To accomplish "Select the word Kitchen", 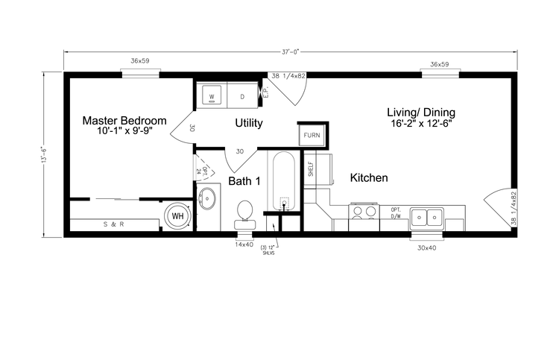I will [369, 178].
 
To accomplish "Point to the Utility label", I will [248, 122].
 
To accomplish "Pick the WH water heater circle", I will [178, 215].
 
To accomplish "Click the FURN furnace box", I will [312, 135].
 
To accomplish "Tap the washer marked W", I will [212, 97].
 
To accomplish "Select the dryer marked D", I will [241, 97].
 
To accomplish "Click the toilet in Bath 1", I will [245, 215].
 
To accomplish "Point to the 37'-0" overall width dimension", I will [291, 51].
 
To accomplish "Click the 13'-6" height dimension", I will [44, 157].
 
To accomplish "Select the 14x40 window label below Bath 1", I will [245, 244].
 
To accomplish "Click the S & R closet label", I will [113, 224].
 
